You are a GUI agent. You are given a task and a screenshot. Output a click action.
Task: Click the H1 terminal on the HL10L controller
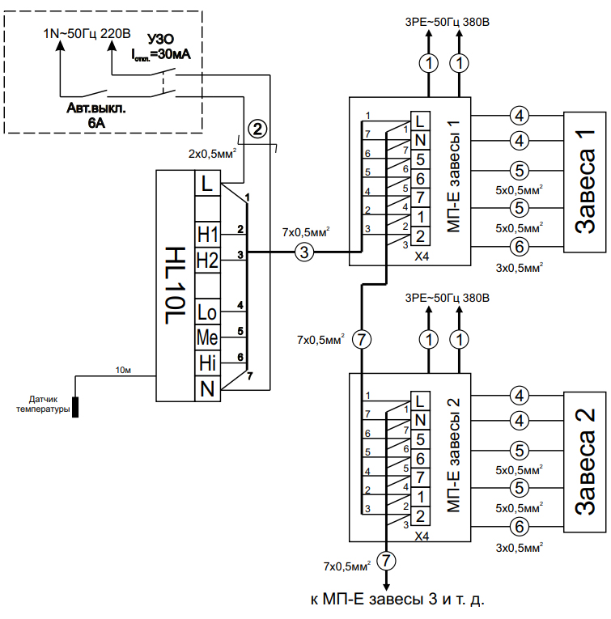point(208,234)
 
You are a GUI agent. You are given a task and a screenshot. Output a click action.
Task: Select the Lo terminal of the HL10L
point(208,312)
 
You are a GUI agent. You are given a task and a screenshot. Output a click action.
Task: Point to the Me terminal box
point(208,337)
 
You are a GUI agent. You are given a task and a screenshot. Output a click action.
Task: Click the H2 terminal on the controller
point(208,260)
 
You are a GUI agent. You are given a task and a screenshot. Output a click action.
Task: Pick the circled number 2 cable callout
point(257,128)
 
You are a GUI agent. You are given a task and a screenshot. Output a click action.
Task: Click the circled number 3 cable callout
point(304,252)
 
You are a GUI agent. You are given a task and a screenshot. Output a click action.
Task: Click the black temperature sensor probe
point(76,406)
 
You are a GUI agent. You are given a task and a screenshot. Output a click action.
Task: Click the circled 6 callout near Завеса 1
point(519,247)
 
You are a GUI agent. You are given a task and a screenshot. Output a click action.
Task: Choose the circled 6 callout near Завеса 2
point(519,527)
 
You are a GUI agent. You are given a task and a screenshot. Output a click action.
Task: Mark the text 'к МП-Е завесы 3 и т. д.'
point(397,600)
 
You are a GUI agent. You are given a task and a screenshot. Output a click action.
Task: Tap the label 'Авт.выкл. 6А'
point(96,114)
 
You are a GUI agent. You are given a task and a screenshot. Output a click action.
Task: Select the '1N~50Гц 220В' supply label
point(87,34)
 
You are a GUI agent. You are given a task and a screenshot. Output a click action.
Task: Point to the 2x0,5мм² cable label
point(212,152)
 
